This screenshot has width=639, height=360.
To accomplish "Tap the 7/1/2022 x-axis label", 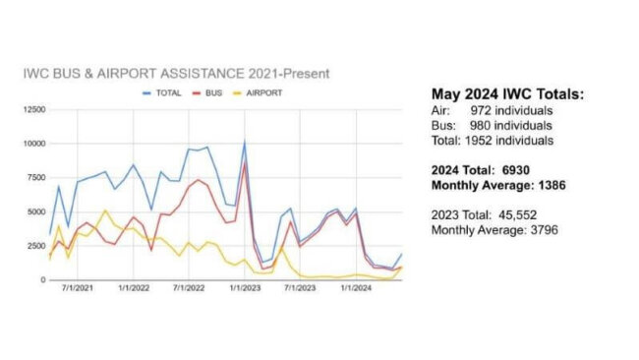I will point(188,288).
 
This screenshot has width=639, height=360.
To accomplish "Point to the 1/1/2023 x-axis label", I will point(244,288).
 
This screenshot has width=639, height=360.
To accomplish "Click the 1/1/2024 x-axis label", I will point(356,288).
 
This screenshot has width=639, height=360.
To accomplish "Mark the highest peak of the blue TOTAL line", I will point(245,142).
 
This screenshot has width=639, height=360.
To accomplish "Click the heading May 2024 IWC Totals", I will point(502,94).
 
